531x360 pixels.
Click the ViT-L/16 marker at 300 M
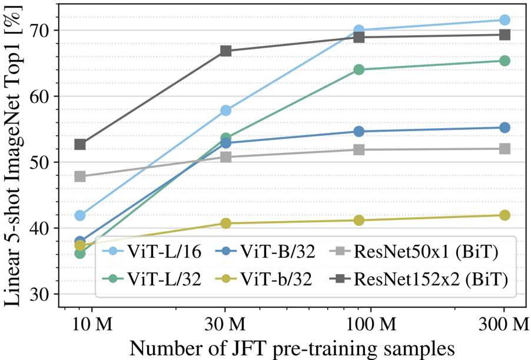(x=504, y=20)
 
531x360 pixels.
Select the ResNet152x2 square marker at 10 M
(x=81, y=144)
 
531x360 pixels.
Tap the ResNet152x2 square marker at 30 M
(x=225, y=51)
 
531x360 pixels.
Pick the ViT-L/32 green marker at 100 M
(x=359, y=69)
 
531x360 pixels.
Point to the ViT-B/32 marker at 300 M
(x=504, y=128)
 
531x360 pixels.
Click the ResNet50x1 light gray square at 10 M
(x=81, y=176)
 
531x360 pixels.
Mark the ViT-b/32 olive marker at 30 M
(x=225, y=223)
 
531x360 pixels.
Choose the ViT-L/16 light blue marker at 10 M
(x=81, y=215)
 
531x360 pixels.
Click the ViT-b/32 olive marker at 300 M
(x=504, y=215)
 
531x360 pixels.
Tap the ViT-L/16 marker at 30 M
(x=225, y=111)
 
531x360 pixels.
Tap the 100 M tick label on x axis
(x=359, y=323)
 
